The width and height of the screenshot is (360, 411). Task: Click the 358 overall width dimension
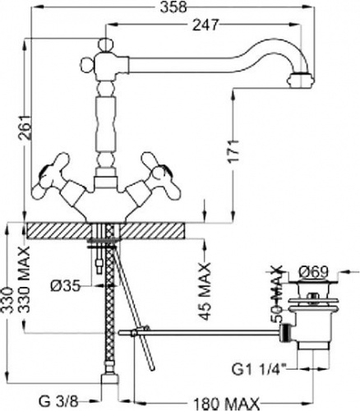tap(173, 7)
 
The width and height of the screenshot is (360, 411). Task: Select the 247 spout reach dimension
tap(205, 25)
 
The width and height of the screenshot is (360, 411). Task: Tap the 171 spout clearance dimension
tap(233, 152)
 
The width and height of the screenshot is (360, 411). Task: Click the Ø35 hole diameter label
tap(65, 287)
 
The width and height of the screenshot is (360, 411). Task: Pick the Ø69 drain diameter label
tap(313, 272)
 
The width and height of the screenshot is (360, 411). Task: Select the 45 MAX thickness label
tap(205, 291)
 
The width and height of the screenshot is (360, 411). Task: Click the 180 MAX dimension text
tap(226, 404)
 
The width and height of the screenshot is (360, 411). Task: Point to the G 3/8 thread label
tap(58, 402)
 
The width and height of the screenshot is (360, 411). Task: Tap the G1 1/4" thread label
tap(259, 370)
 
